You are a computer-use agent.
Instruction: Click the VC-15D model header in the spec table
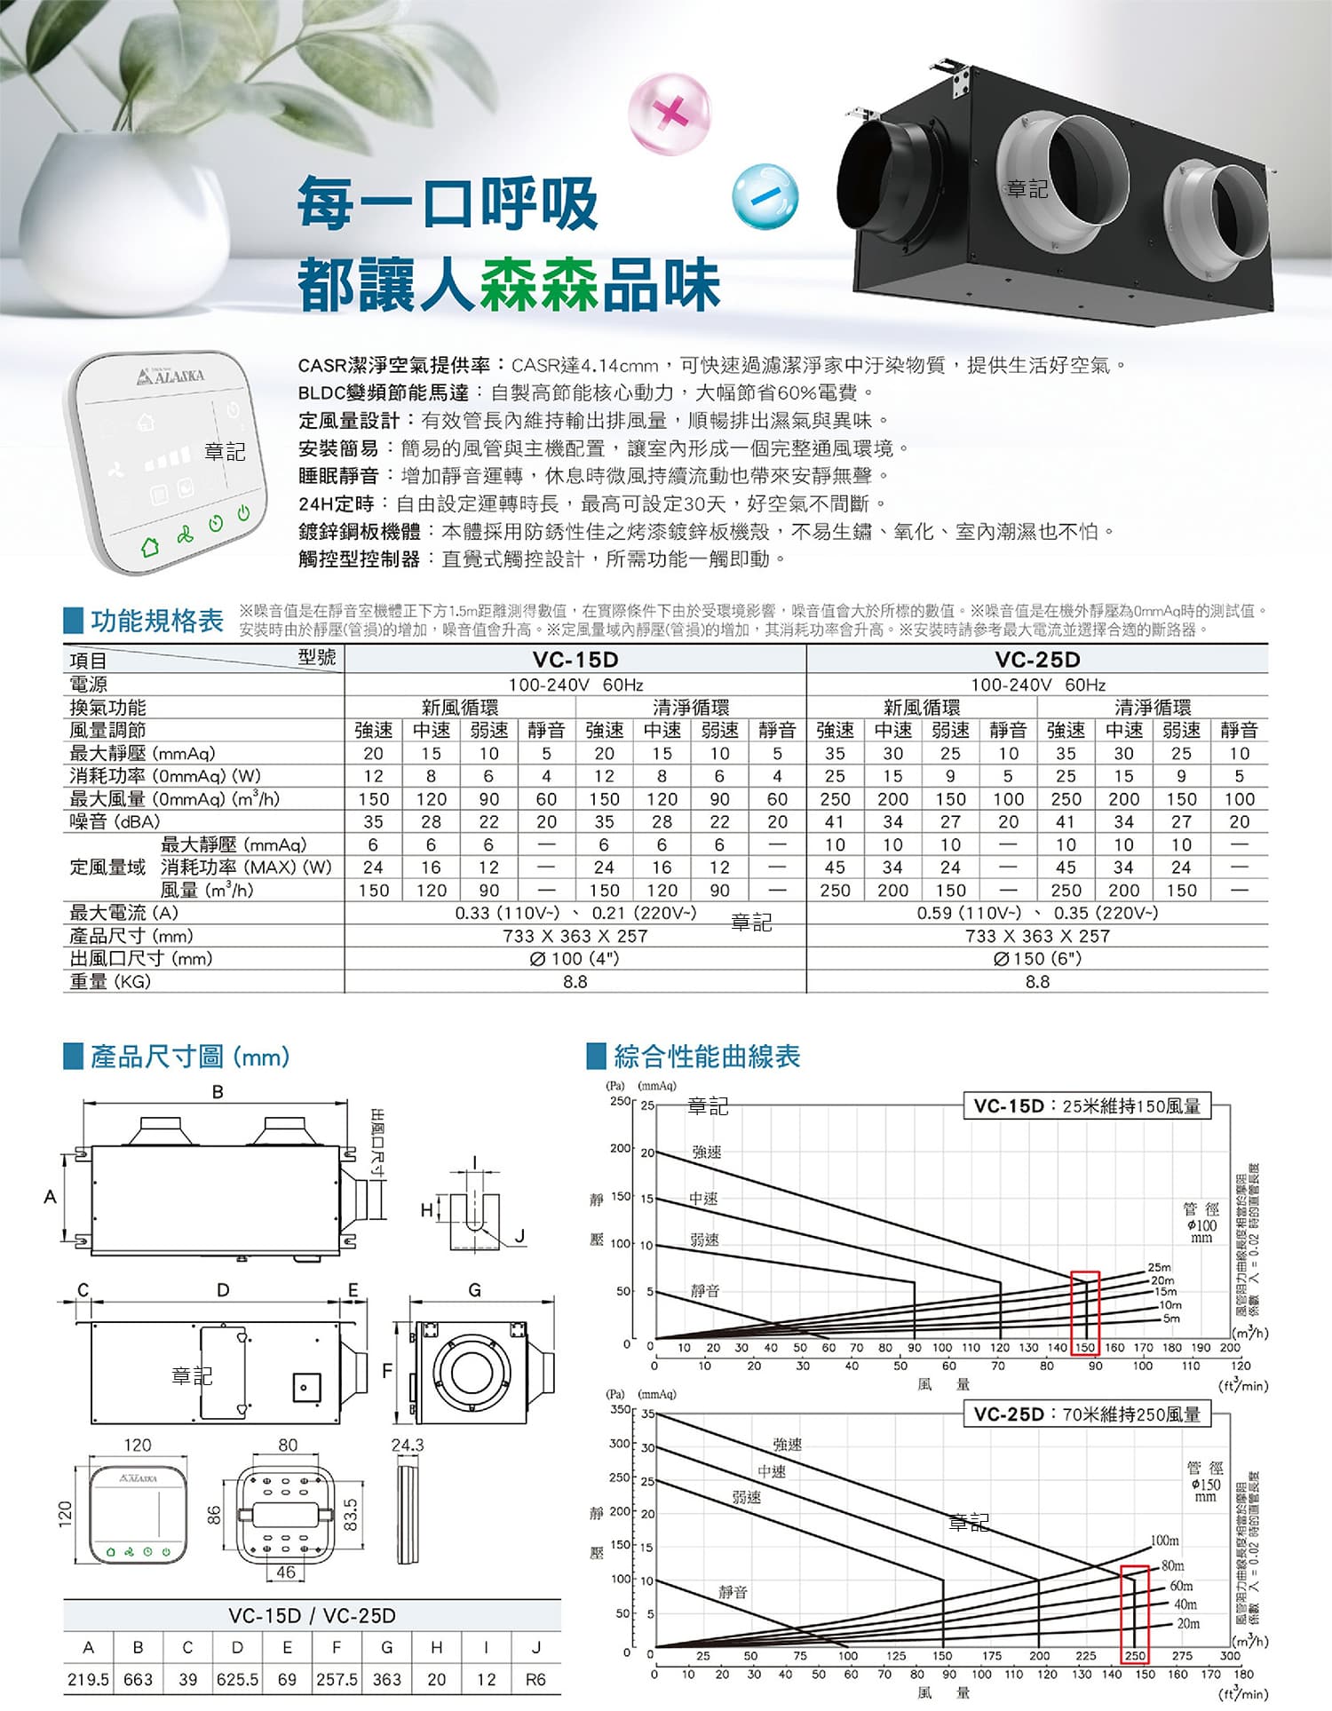[575, 660]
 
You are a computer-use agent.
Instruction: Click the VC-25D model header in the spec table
[1037, 660]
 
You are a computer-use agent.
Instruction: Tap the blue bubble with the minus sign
[765, 196]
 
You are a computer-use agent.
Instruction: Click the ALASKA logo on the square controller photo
[170, 376]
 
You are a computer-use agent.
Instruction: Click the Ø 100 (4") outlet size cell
[575, 959]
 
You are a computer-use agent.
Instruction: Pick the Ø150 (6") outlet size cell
[1037, 959]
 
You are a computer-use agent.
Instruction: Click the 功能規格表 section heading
[157, 621]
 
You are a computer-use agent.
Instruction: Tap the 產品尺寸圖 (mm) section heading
[190, 1057]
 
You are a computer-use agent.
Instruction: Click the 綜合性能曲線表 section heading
[707, 1057]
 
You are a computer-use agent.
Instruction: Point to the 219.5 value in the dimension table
[88, 1680]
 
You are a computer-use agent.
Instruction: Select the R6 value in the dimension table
[535, 1680]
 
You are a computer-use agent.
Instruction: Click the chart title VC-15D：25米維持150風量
[1087, 1105]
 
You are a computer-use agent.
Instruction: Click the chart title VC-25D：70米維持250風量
[1087, 1414]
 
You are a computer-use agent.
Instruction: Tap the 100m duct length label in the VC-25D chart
[1165, 1541]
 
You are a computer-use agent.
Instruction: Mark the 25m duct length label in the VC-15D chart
[1160, 1267]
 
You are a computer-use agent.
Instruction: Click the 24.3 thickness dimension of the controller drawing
[408, 1445]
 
